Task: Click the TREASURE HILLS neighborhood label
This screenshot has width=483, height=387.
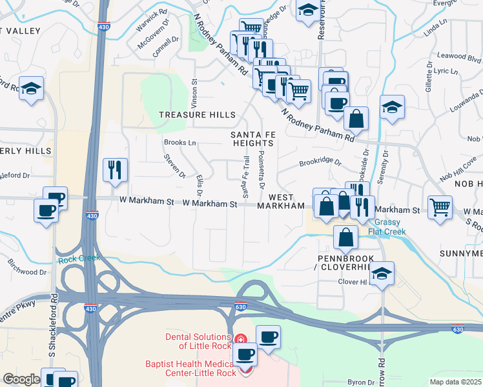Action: [x=198, y=115]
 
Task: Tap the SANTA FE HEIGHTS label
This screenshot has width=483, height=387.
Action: [x=253, y=139]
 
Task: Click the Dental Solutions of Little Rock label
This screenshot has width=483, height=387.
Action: [x=198, y=337]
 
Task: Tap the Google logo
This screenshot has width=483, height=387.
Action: [x=21, y=379]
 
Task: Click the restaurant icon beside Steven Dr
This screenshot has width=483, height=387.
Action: [x=116, y=170]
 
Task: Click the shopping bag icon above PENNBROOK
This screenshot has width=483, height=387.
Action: [x=347, y=237]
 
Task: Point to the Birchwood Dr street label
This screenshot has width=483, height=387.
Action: [x=27, y=267]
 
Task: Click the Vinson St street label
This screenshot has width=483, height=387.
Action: [x=194, y=94]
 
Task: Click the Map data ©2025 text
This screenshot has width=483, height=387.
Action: [x=455, y=382]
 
